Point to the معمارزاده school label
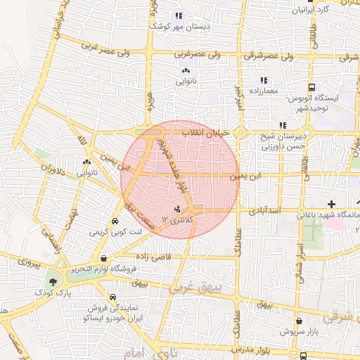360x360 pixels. pyautogui.click(x=264, y=91)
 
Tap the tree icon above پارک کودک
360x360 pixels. pyautogui.click(x=51, y=280)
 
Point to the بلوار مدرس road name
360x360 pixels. pyautogui.click(x=250, y=349)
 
